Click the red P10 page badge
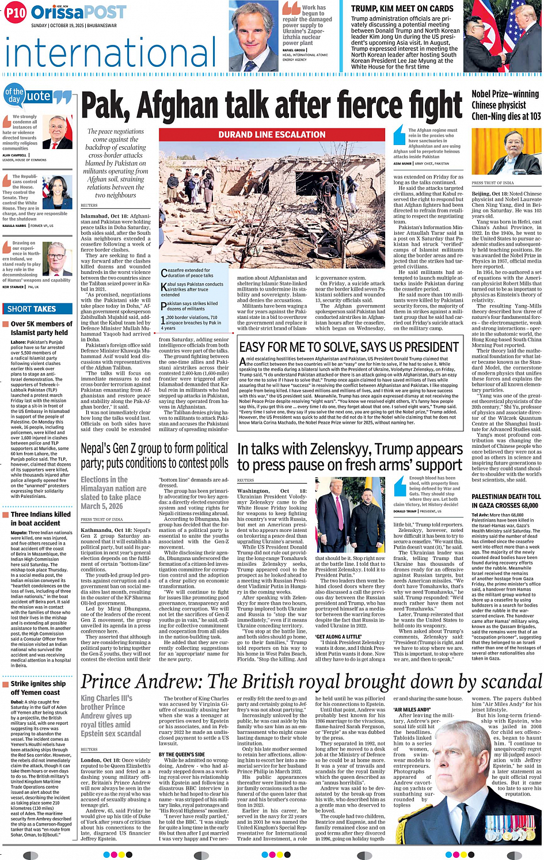[16, 12]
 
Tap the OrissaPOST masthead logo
[78, 12]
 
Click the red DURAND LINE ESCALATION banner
[272, 135]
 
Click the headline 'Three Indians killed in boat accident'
[40, 519]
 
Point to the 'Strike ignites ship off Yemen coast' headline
[38, 688]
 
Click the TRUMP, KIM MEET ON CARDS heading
[402, 9]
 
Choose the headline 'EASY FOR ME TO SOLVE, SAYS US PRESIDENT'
[349, 347]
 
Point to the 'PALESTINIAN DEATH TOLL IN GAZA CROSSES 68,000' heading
[506, 501]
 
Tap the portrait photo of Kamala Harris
[58, 193]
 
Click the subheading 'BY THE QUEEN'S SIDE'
[181, 754]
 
